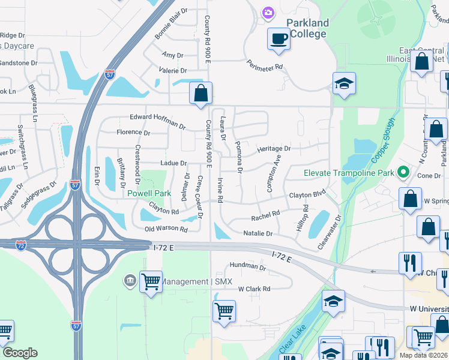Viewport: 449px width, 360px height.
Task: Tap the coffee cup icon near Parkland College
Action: (278, 39)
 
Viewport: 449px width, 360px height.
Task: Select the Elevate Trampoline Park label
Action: (349, 173)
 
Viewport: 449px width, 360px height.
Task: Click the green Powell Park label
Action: (149, 193)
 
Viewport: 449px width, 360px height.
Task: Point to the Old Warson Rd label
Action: (166, 229)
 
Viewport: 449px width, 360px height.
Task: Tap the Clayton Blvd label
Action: (307, 195)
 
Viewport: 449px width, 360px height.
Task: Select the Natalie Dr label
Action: (258, 233)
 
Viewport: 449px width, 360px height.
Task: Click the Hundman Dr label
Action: (247, 266)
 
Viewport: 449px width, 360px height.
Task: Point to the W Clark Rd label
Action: (254, 289)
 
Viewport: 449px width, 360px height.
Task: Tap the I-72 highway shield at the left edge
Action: (20, 246)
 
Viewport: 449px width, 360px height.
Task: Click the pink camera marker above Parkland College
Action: (268, 12)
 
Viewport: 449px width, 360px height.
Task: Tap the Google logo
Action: (19, 353)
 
